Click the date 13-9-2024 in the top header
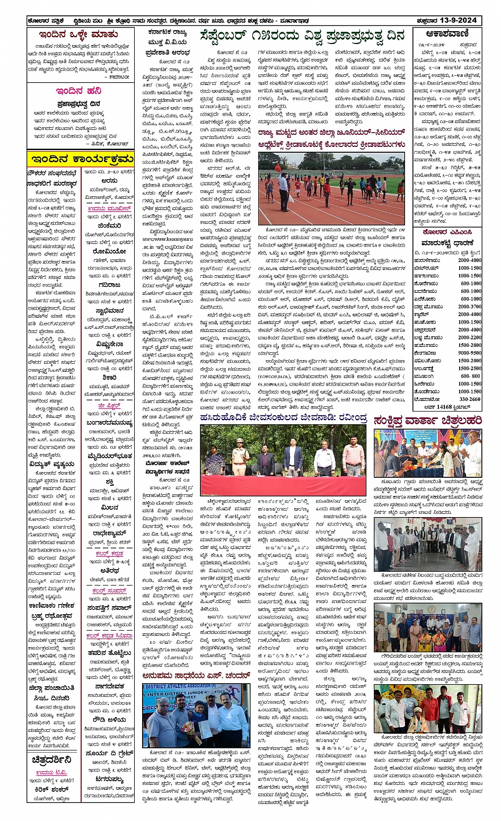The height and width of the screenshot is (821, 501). (x=460, y=20)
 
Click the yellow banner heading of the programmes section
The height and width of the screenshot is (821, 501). (x=81, y=159)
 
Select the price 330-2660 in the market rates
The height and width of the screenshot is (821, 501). (x=470, y=399)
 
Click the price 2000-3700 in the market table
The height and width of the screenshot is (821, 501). (x=470, y=307)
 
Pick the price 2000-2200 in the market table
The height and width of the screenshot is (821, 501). (x=470, y=337)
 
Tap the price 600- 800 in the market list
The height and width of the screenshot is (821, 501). (x=470, y=376)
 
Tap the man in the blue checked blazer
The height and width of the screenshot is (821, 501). (x=293, y=457)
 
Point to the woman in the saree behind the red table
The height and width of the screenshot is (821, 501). (x=214, y=460)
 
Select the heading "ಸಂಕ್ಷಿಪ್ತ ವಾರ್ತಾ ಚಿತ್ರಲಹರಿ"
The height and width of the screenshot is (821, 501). (x=427, y=421)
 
